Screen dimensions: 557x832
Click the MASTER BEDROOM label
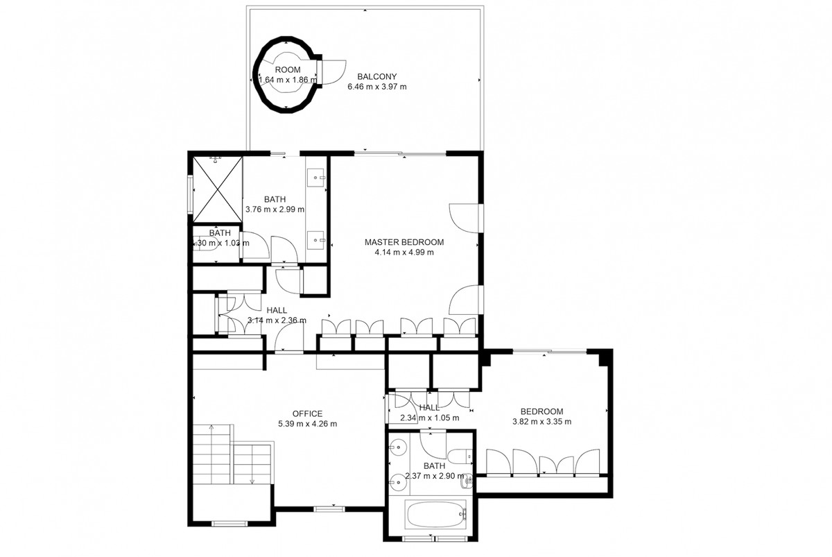(404, 242)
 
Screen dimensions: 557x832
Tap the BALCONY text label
(376, 76)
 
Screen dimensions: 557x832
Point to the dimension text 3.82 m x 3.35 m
(541, 422)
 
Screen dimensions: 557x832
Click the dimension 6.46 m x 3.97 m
(376, 87)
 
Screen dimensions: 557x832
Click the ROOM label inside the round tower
(288, 70)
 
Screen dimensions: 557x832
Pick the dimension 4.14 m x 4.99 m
(404, 252)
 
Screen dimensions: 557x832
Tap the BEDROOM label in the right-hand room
(541, 411)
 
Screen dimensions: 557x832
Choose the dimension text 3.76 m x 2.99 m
(275, 209)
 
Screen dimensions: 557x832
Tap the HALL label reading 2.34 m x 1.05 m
(429, 408)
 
